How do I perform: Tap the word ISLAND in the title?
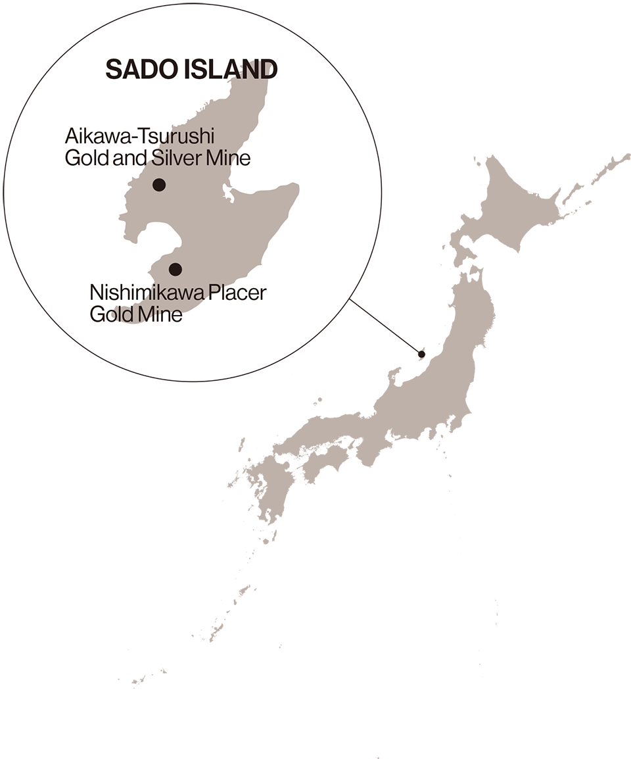point(234,69)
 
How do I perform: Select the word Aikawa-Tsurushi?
point(140,137)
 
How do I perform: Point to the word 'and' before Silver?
point(131,159)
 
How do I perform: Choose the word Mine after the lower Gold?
point(160,314)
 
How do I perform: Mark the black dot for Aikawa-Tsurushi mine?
point(158,185)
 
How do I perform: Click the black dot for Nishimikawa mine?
point(175,269)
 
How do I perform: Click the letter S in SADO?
point(112,69)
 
